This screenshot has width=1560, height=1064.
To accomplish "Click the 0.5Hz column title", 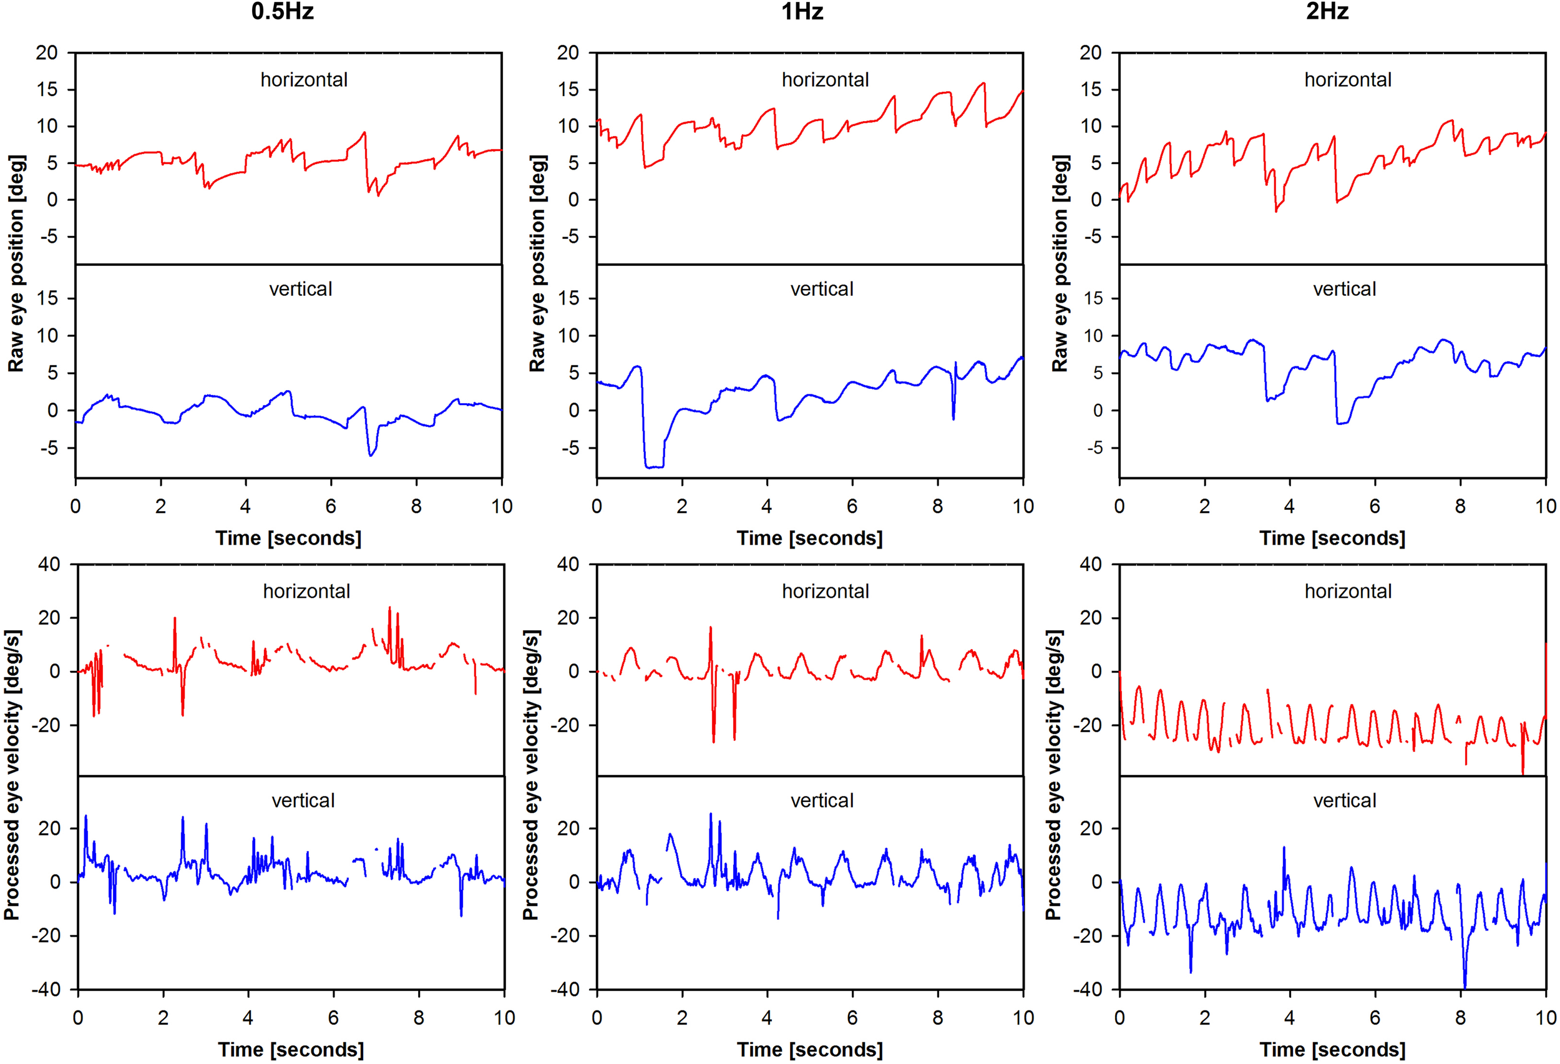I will point(282,11).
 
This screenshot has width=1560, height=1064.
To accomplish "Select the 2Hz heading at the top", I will point(1327,11).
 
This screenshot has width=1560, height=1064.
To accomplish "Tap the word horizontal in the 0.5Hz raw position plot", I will point(304,80).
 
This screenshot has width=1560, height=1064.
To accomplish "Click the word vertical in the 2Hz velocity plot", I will point(1345,800).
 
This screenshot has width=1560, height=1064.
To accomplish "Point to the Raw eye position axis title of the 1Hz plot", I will point(538,263).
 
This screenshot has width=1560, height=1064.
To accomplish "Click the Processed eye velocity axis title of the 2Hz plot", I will point(1054,774).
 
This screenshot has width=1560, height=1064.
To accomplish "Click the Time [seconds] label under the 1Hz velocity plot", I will point(809,1049).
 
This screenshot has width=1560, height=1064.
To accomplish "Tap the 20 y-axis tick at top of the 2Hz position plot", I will point(1090,52).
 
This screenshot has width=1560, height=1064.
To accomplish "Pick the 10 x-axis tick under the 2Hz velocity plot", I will point(1545,1018).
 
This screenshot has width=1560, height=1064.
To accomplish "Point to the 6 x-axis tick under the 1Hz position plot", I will point(852,506).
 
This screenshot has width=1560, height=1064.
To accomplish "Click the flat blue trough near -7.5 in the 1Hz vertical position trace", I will point(654,467).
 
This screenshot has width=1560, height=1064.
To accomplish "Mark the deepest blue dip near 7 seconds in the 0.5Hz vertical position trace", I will point(371,455).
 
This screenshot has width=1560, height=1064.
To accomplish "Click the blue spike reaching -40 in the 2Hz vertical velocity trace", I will point(1464,985).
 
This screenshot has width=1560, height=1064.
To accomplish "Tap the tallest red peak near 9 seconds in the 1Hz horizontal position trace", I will point(983,84).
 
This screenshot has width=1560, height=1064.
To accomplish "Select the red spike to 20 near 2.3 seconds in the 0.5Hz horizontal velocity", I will point(175,619).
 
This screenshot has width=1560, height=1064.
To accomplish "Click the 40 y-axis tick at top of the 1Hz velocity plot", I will point(568,564).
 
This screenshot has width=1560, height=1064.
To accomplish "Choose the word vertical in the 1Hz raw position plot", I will point(822,290).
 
